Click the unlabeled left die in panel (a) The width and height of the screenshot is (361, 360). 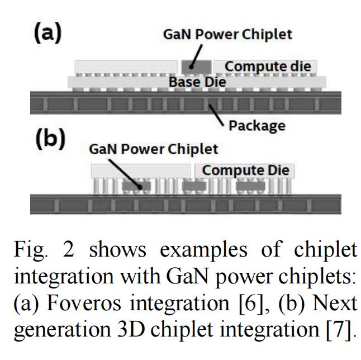point(126,67)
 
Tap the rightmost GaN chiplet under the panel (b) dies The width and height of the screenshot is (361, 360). point(249,186)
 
